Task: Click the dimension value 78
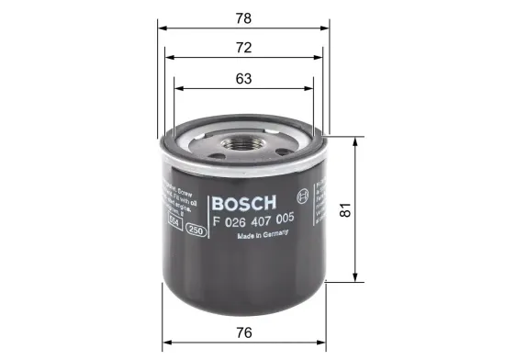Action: (x=243, y=17)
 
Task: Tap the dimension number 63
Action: (x=243, y=79)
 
